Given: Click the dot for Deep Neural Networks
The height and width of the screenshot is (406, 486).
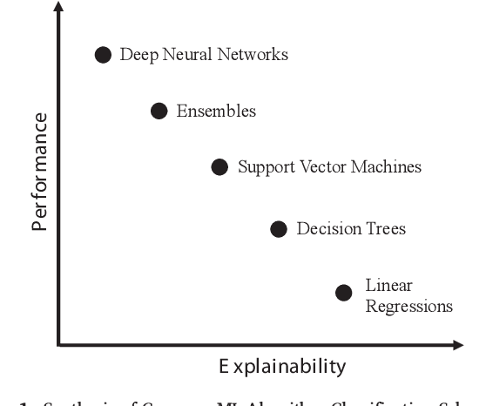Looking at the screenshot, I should [x=103, y=55].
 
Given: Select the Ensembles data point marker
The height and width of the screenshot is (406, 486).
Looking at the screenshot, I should [x=159, y=111].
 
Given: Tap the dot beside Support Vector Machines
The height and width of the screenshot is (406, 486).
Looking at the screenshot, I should [x=220, y=166].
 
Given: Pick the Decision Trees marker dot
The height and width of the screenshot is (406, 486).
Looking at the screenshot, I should [x=279, y=229].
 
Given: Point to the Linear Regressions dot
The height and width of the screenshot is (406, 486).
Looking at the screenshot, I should [x=344, y=292].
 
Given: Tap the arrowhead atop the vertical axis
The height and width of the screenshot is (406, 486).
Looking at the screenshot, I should [x=58, y=10].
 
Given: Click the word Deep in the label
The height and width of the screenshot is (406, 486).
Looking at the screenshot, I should [x=137, y=56].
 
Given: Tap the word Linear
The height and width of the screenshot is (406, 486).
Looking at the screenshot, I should [x=388, y=285].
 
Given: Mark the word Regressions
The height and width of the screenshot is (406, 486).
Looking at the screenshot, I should [x=408, y=307].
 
